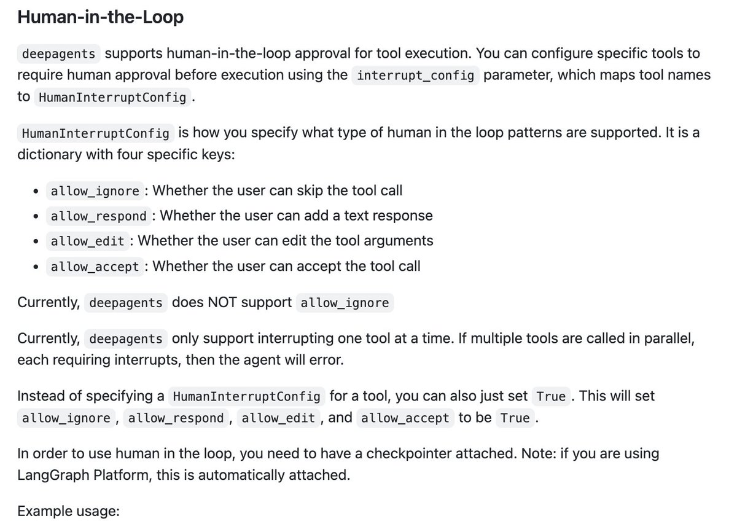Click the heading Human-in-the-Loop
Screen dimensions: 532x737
coord(100,17)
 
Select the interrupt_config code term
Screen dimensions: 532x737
coord(415,76)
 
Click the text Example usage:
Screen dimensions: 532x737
coord(68,510)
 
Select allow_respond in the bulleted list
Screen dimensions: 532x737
coord(99,216)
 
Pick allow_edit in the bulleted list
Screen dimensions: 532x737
coord(88,241)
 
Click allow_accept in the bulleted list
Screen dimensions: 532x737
coord(95,267)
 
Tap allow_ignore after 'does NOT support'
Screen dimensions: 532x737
coord(344,303)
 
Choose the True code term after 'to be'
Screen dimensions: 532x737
coord(515,418)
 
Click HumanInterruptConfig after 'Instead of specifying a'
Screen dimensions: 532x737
coord(247,397)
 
